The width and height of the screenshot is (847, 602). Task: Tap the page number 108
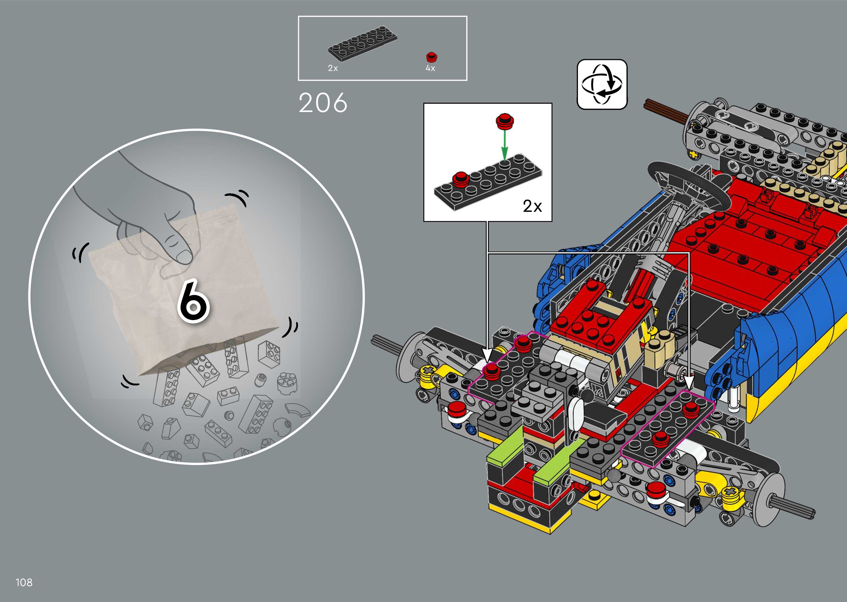(24, 582)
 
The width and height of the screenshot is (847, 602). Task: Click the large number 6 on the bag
(193, 301)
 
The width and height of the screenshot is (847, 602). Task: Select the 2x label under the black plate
(333, 68)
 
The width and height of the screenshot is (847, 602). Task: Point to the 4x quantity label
(430, 68)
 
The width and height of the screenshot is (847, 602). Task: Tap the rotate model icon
(602, 84)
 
